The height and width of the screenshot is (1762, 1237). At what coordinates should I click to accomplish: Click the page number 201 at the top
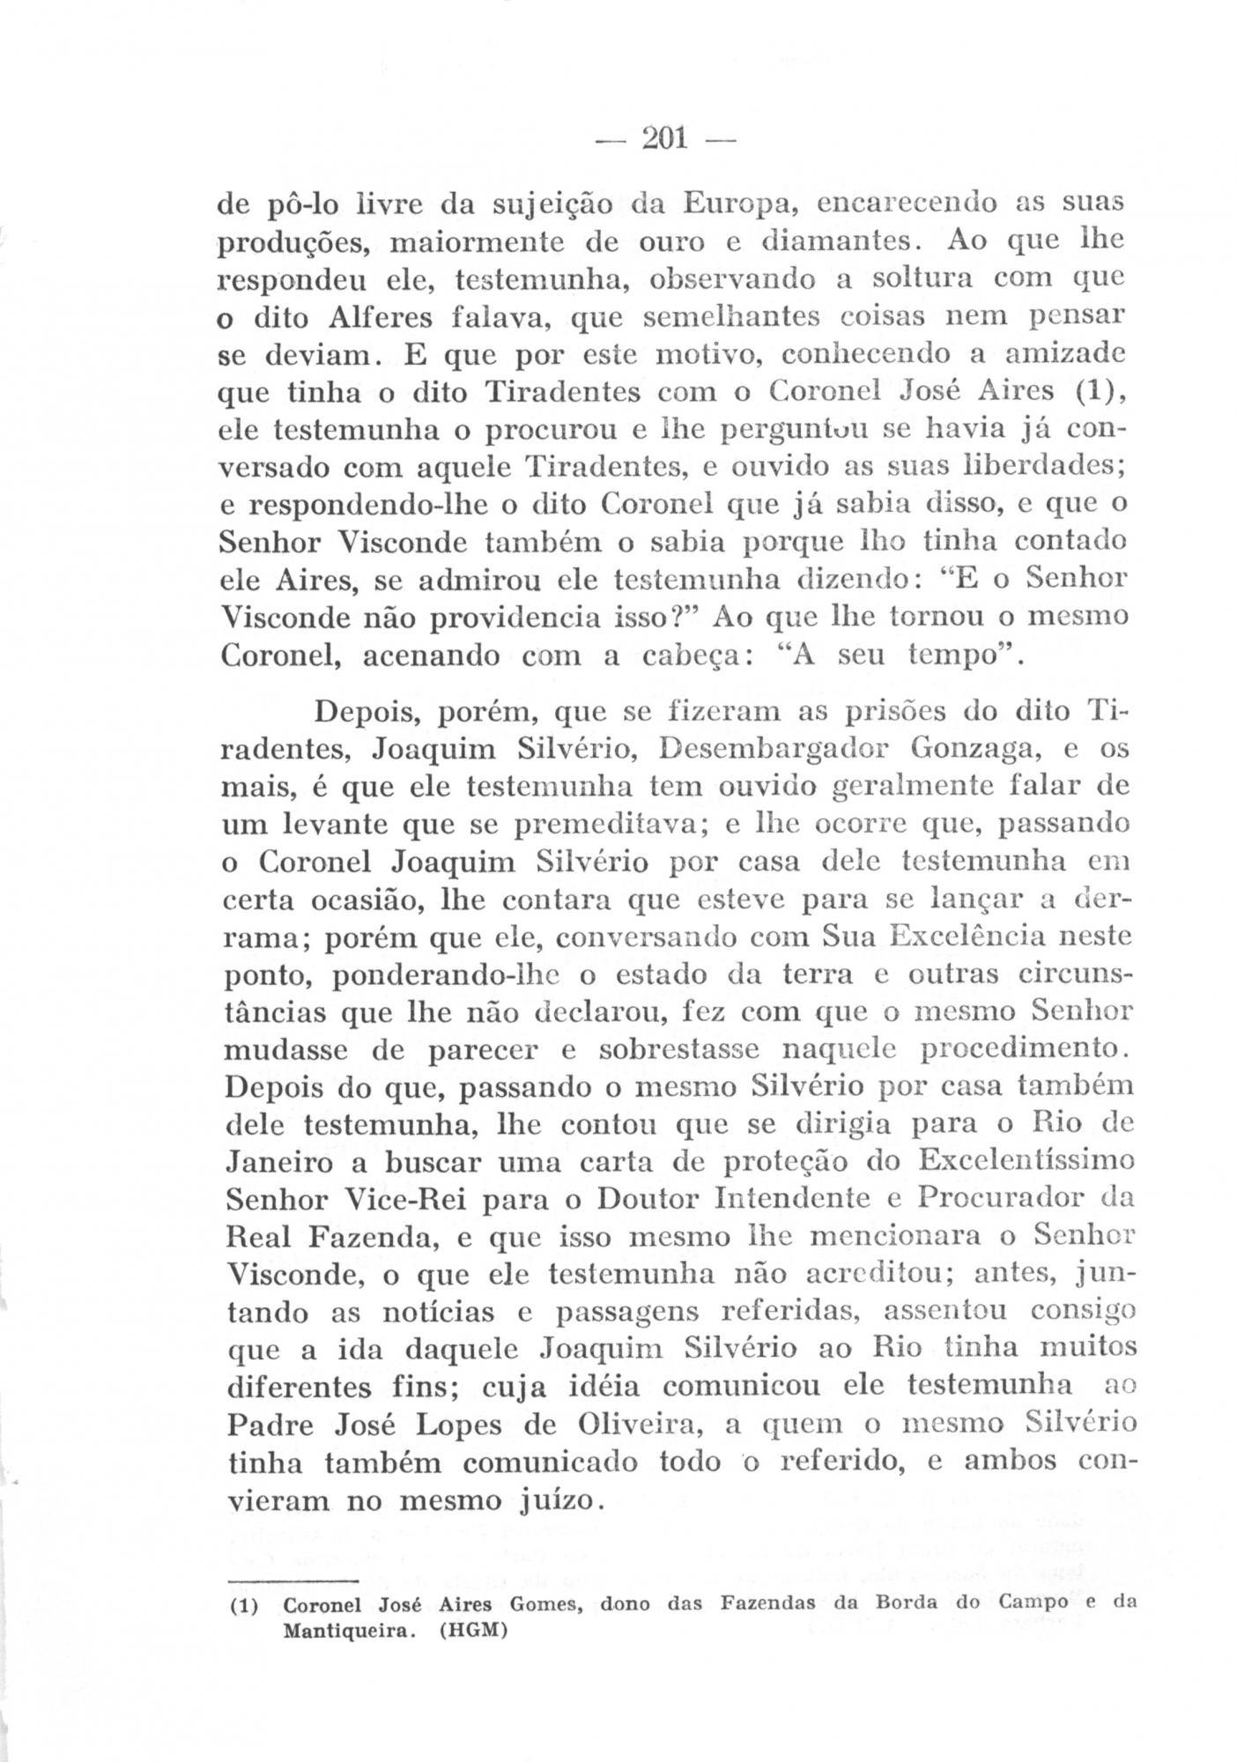click(665, 138)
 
